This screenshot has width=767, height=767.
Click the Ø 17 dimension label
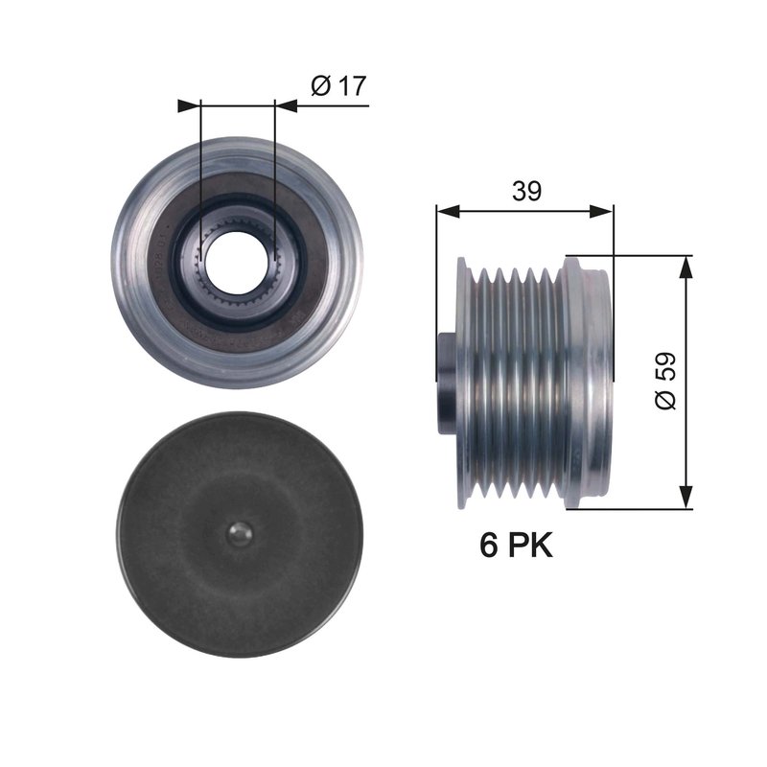pos(338,85)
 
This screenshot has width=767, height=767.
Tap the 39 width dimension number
pos(524,191)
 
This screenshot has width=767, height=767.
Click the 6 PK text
pos(516,546)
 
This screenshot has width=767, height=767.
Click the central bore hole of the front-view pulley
pos(236,260)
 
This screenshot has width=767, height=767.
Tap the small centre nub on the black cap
pos(241,534)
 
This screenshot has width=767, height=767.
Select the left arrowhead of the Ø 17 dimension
pos(189,105)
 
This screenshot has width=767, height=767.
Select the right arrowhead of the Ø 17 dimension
pos(285,105)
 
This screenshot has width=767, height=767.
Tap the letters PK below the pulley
pos(531,546)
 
